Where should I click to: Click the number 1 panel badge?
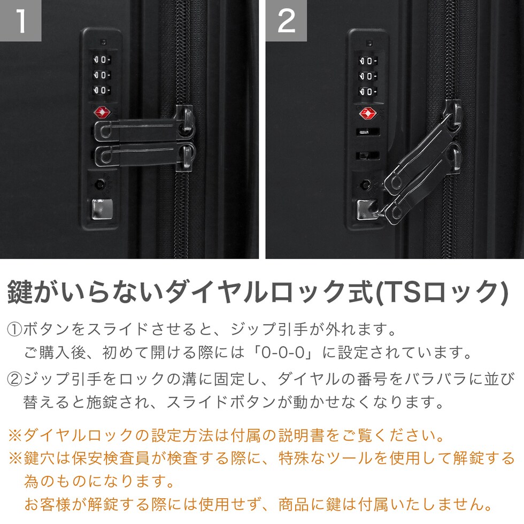[20, 20]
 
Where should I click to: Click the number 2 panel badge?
[286, 20]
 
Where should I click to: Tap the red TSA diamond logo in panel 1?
[102, 113]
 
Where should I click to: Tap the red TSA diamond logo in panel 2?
[368, 113]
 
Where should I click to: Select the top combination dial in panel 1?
[102, 60]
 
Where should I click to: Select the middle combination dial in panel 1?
[102, 75]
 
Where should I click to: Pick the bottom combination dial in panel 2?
[368, 91]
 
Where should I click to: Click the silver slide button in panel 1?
[102, 209]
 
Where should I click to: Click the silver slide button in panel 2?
[367, 210]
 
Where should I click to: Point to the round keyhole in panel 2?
[366, 184]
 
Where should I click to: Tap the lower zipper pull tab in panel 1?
[144, 156]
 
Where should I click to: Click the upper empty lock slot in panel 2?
[368, 132]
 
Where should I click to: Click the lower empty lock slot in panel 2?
[368, 156]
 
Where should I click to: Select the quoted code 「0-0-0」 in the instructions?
[283, 352]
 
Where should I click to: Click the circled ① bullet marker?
[15, 329]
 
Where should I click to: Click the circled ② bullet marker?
[15, 379]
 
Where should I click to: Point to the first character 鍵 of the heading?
[20, 292]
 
